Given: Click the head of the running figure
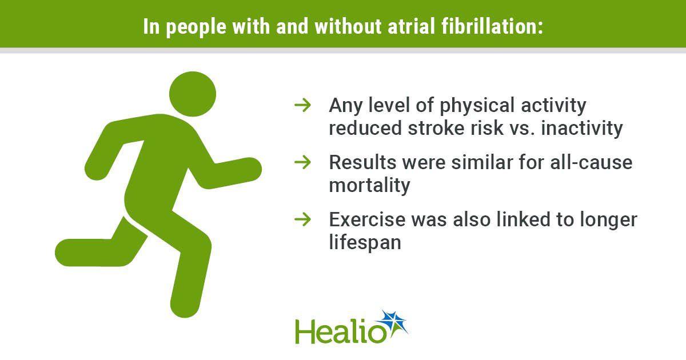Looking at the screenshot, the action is tap(193, 94).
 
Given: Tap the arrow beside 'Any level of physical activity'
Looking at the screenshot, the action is tap(302, 105).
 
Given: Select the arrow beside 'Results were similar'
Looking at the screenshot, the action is tap(302, 162).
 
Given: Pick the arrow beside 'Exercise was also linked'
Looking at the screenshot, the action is tap(302, 219).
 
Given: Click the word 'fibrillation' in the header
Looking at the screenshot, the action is tap(492, 26).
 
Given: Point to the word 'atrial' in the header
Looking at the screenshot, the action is tap(411, 26).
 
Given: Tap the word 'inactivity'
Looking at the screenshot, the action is tap(581, 128).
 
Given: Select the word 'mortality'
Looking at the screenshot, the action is tap(369, 186).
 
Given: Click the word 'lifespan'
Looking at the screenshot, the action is tap(365, 242).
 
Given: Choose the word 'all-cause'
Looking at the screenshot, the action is tap(591, 162).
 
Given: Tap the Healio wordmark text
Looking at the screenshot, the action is tap(341, 331).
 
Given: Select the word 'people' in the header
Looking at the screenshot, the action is tap(196, 27).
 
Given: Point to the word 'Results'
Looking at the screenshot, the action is tap(362, 162).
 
